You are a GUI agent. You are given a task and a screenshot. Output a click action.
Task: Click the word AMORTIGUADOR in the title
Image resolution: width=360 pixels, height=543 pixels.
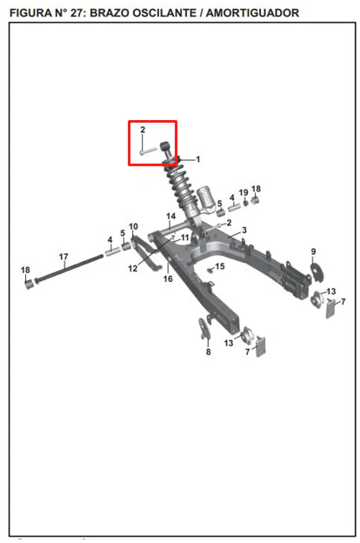click(x=252, y=13)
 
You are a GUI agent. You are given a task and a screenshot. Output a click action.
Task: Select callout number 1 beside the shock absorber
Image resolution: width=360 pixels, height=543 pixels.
click(x=197, y=159)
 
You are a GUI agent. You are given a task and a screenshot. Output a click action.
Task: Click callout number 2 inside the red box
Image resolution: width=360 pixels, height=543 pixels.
click(x=143, y=130)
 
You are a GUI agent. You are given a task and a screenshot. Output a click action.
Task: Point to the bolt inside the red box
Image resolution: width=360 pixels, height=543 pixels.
click(x=148, y=151)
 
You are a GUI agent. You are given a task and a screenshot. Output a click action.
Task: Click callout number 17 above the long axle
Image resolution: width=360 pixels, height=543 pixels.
click(x=63, y=257)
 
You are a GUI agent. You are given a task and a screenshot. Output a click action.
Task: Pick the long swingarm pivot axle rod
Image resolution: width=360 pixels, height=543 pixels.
click(x=69, y=268)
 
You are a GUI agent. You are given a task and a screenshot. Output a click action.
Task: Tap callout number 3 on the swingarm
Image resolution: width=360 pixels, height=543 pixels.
click(x=244, y=231)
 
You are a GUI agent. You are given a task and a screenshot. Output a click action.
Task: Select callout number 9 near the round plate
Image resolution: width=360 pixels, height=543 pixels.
click(x=313, y=251)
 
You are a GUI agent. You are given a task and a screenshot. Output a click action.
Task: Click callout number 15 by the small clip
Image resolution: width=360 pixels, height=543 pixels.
click(x=220, y=266)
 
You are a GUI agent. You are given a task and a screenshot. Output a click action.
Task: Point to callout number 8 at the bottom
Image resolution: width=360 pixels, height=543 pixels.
click(x=208, y=352)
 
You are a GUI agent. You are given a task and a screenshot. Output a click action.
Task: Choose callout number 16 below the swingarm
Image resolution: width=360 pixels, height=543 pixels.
click(x=168, y=278)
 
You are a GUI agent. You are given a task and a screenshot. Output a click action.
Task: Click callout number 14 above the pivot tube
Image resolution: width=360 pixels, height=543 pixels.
click(x=171, y=216)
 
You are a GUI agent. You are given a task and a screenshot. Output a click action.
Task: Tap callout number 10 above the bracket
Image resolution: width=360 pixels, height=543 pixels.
click(x=133, y=226)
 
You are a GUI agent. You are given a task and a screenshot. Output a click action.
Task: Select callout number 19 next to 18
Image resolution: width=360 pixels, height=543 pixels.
click(x=243, y=192)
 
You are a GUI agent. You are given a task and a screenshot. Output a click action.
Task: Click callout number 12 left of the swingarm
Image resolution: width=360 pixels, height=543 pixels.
click(x=133, y=268)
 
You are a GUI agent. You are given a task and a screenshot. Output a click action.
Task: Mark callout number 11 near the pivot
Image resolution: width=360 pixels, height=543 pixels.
click(x=185, y=238)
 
